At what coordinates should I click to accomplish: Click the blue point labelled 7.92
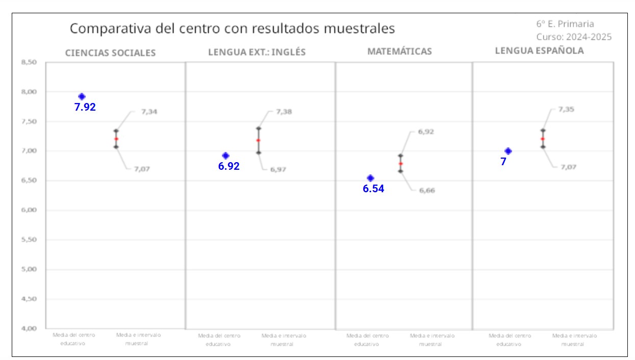(82, 96)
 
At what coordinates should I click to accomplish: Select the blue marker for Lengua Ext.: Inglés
(226, 156)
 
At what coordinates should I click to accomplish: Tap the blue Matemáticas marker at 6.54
(371, 178)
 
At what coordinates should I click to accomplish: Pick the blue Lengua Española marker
(508, 151)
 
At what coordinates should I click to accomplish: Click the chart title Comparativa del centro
(232, 29)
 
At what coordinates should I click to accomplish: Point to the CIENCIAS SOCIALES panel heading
(110, 53)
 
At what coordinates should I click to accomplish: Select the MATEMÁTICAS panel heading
(399, 52)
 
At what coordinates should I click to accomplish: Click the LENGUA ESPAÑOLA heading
(539, 51)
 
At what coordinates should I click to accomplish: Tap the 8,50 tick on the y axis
(29, 62)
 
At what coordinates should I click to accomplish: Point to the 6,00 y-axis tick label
(29, 210)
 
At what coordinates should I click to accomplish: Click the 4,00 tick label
(29, 328)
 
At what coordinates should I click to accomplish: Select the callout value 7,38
(284, 112)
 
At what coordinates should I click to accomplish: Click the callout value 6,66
(427, 190)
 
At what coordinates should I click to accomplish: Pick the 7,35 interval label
(566, 109)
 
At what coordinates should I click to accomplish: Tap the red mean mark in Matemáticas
(400, 164)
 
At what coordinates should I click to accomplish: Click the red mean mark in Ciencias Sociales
(116, 139)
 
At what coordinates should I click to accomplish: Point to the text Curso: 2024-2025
(574, 37)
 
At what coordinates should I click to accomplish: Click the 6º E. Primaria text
(565, 24)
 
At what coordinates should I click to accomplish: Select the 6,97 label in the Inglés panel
(278, 169)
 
